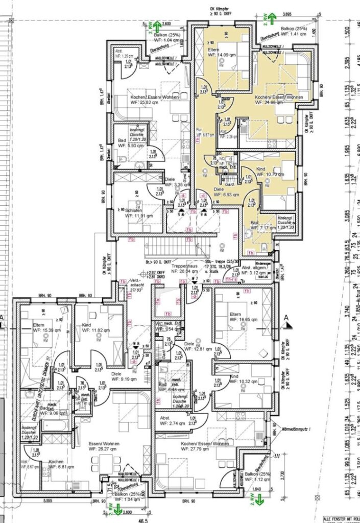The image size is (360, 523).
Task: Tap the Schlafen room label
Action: tap(135, 210)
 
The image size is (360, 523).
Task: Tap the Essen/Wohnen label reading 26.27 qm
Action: tap(104, 444)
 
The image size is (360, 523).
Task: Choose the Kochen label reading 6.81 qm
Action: tap(56, 461)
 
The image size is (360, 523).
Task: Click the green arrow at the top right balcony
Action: tap(271, 17)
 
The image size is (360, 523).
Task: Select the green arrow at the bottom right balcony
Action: tap(260, 500)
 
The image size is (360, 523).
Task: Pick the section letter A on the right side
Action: tap(286, 318)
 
